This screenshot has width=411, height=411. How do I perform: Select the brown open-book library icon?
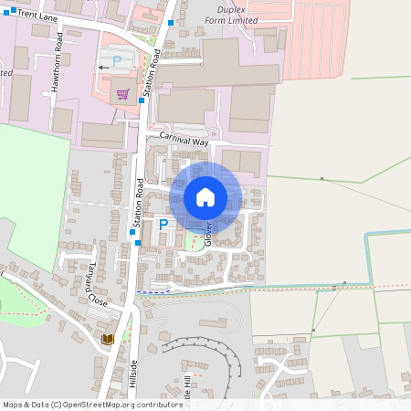(x=108, y=339)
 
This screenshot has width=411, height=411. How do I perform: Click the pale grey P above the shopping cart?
(x=116, y=61)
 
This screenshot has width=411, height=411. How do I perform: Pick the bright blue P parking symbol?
(x=163, y=224)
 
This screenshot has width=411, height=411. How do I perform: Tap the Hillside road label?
(x=132, y=373)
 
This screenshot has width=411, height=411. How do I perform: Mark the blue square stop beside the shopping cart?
(x=142, y=100)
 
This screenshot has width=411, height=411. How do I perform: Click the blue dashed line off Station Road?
(x=155, y=292)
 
